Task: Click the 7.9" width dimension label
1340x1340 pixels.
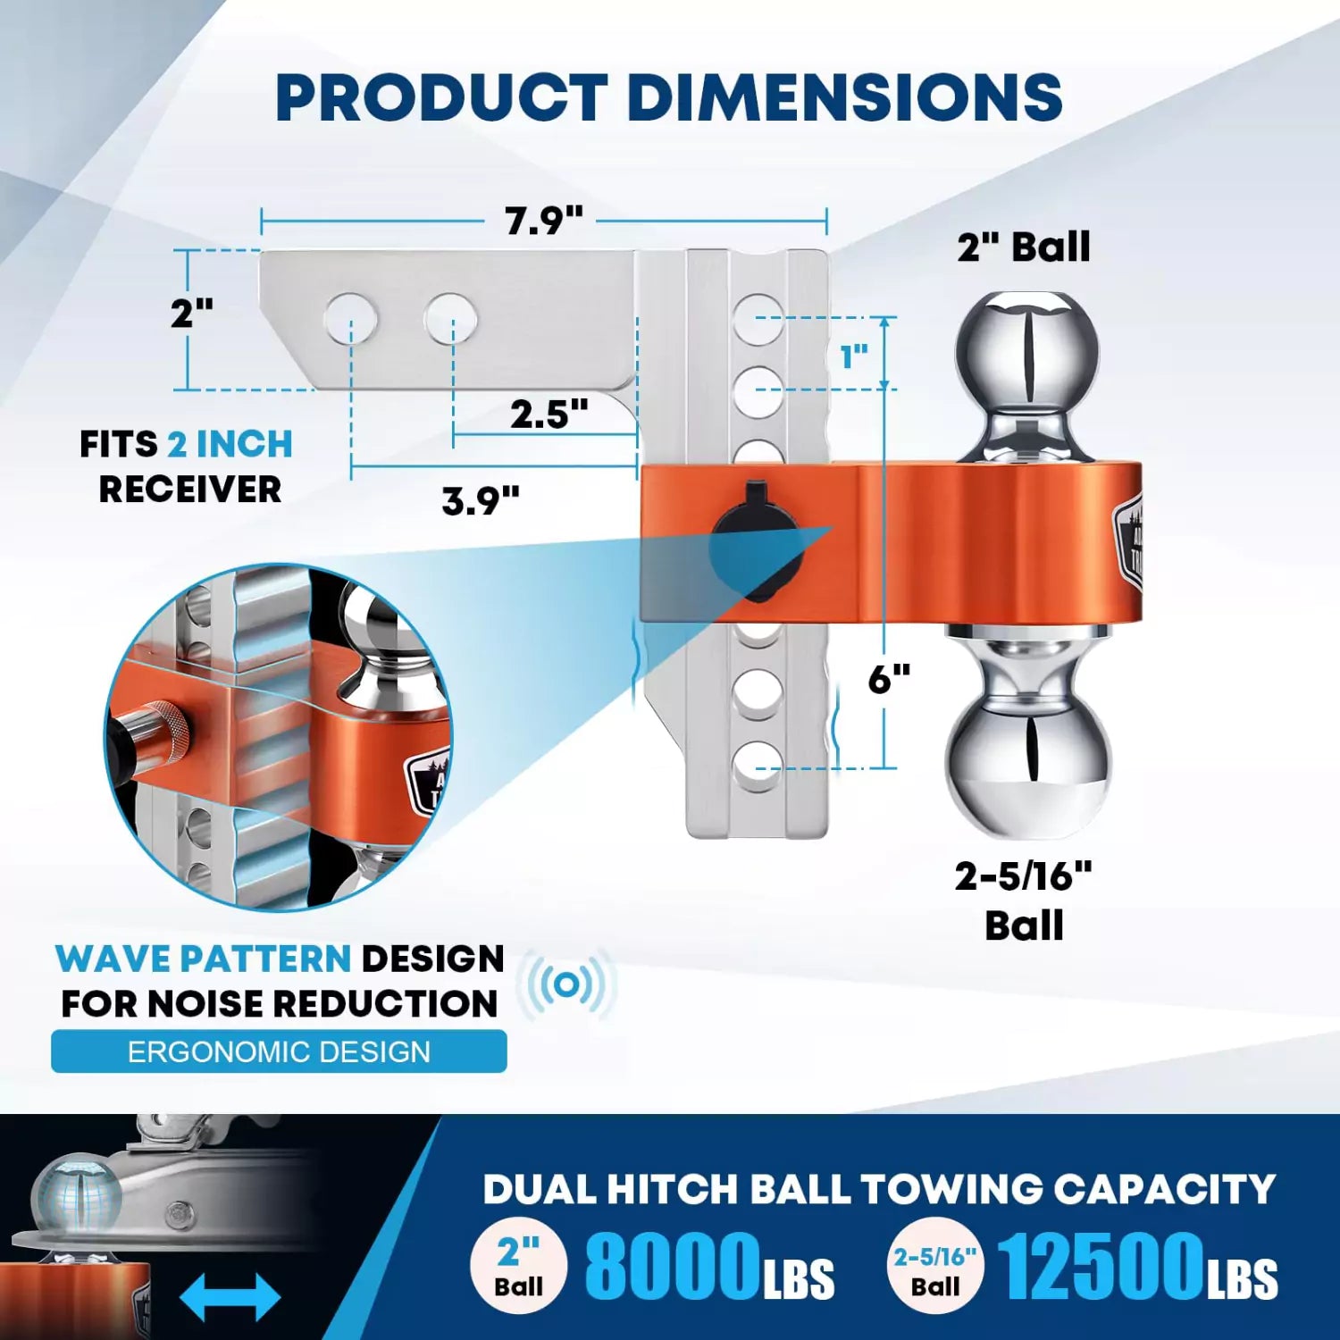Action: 543,220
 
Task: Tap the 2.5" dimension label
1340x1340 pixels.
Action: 549,415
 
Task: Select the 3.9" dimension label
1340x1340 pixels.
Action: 481,501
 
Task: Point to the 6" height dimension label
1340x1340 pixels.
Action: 888,680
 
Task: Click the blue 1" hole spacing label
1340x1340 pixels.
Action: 854,357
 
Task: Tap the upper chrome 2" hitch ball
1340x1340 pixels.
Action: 1025,353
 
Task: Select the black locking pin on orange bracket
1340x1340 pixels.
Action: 756,541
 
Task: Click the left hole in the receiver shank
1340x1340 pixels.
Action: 350,319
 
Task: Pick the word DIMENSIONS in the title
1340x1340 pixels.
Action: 844,97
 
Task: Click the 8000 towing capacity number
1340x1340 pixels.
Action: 672,1266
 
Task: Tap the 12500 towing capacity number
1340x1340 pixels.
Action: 1101,1266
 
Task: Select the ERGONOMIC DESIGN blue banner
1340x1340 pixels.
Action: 279,1051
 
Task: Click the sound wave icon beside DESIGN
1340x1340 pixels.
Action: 566,984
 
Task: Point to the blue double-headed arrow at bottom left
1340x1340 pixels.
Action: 230,1297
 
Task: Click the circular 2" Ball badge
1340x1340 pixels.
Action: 519,1266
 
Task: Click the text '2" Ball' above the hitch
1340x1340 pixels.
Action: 1024,247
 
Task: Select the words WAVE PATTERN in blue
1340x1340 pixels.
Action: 203,959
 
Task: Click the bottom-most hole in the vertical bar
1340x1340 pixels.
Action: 757,766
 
